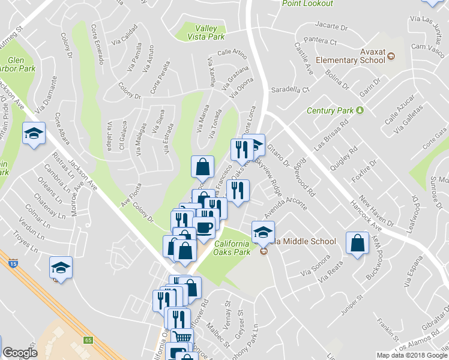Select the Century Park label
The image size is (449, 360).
click(330, 110)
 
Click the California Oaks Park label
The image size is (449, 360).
click(224, 248)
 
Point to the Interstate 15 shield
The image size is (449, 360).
click(13, 263)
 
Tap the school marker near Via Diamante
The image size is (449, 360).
click(34, 134)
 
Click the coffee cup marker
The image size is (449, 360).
click(204, 228)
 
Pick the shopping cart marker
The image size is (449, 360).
click(182, 338)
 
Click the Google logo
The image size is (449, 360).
click(20, 353)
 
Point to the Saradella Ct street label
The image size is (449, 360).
click(289, 89)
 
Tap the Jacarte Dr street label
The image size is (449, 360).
click(331, 27)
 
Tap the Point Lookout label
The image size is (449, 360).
click(308, 4)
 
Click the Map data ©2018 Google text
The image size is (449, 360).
click(412, 355)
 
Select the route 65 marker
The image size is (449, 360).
click(89, 340)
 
